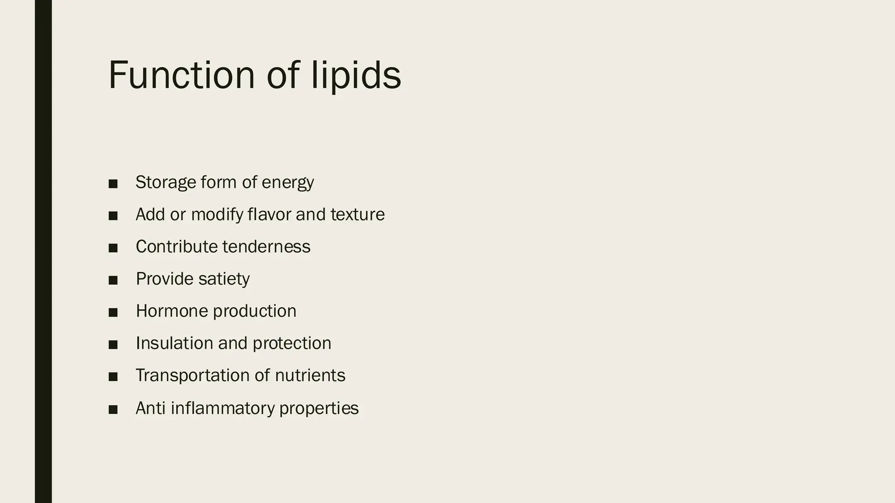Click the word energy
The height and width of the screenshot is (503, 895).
click(288, 182)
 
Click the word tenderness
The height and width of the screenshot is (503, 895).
click(266, 247)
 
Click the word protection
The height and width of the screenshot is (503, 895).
click(292, 343)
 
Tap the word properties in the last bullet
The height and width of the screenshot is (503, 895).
click(319, 408)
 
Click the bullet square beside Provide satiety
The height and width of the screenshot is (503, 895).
click(113, 280)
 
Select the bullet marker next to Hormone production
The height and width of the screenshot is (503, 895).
click(113, 312)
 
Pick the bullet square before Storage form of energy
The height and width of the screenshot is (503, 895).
click(113, 183)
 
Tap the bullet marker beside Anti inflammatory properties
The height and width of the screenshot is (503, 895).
click(113, 409)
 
